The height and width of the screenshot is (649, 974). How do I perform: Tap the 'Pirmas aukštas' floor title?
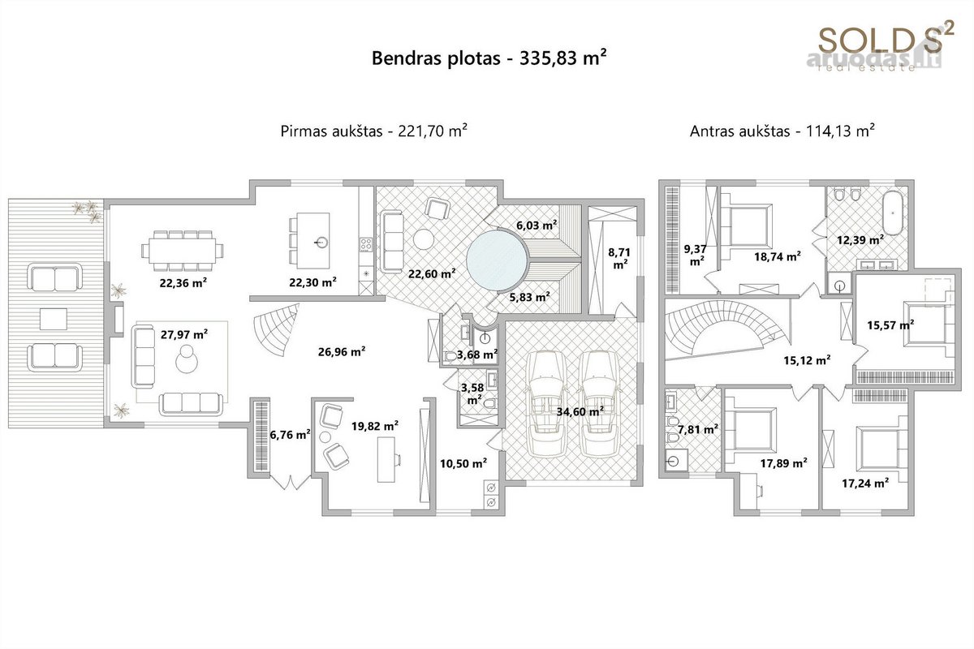point(331,131)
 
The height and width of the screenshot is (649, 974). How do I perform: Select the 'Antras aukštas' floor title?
point(739,131)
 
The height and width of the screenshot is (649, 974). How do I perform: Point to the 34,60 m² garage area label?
point(580,410)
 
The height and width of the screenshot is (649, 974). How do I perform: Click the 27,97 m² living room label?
point(184,334)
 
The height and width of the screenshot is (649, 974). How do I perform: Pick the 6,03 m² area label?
point(537,226)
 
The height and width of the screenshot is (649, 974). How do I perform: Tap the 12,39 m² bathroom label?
point(860,239)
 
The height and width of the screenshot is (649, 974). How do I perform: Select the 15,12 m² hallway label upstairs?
point(807,360)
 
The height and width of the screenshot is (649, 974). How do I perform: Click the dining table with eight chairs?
point(182,251)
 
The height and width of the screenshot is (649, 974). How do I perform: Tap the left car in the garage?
point(547,404)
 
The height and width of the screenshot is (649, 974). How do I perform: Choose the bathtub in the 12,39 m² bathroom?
point(893,213)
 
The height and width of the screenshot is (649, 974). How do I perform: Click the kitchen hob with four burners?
point(365,244)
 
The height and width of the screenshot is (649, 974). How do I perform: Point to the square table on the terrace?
point(54,319)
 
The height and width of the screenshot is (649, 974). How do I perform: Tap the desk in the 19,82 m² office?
point(386,459)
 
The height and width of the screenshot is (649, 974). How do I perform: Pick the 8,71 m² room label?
point(619,258)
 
